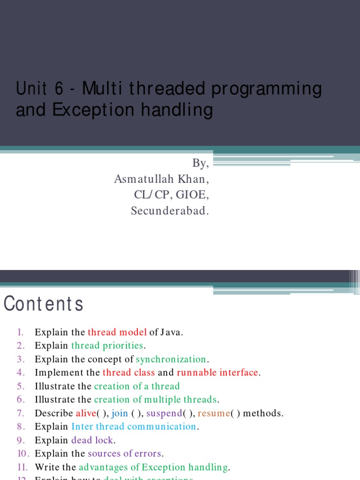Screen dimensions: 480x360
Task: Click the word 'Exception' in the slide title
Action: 80,110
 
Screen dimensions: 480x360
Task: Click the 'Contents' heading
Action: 44,304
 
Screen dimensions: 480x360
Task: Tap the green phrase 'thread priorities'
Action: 107,345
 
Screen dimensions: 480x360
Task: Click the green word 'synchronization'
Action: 171,359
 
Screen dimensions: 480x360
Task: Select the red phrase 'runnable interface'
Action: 217,373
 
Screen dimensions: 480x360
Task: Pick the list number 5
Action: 20,386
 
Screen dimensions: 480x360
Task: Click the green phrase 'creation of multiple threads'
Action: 156,400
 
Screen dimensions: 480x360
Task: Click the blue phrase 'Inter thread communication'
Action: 134,427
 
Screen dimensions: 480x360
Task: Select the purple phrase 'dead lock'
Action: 93,440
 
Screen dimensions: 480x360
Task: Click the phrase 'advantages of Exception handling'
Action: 153,467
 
